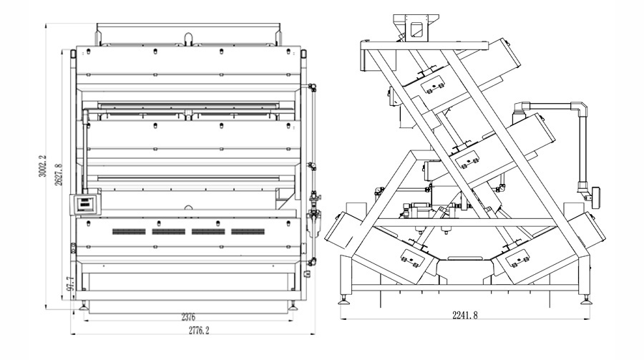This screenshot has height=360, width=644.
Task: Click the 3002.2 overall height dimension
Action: pyautogui.click(x=42, y=166)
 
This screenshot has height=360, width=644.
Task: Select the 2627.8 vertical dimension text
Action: pyautogui.click(x=59, y=174)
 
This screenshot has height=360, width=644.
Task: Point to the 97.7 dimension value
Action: pyautogui.click(x=71, y=283)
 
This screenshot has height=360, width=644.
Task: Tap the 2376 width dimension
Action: pyautogui.click(x=188, y=317)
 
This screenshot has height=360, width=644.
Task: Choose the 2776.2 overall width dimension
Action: pyautogui.click(x=199, y=330)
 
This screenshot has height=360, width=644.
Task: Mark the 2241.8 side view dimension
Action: pyautogui.click(x=465, y=315)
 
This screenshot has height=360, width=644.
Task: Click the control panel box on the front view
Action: pyautogui.click(x=85, y=204)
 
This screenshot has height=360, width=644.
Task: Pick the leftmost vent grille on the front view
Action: pyautogui.click(x=129, y=232)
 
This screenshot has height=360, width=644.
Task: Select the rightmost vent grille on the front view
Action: pyautogui.click(x=248, y=232)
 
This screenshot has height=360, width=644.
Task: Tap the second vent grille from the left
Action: pyautogui.click(x=168, y=232)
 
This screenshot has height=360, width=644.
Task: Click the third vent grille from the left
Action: pyautogui.click(x=208, y=232)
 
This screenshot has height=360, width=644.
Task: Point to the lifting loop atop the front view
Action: pyautogui.click(x=188, y=39)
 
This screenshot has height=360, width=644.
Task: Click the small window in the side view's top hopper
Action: pyautogui.click(x=416, y=29)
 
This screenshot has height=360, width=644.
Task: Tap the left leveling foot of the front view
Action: pyautogui.click(x=84, y=306)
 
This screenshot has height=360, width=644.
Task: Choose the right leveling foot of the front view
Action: pyautogui.click(x=293, y=306)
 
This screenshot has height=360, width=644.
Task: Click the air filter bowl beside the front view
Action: pyautogui.click(x=313, y=223)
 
